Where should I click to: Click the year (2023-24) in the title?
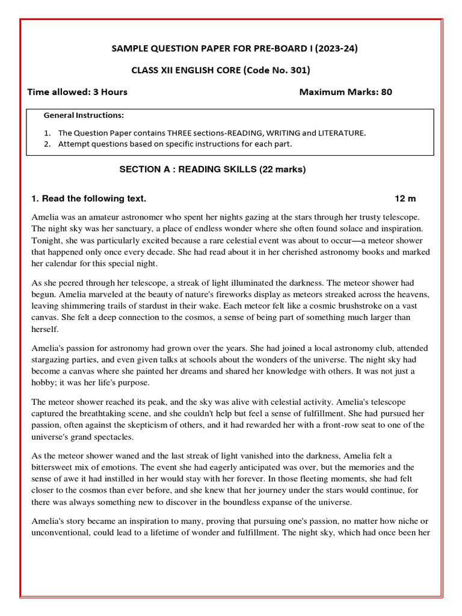pos(330,49)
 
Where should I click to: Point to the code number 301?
pos(298,70)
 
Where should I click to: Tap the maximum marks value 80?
pos(386,92)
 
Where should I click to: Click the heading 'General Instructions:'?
pos(84,115)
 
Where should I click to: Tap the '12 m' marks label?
pos(405,199)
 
